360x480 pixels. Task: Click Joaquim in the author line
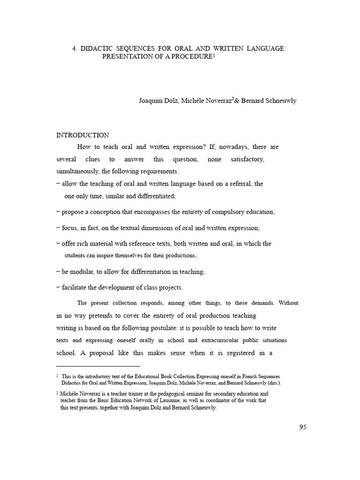pyautogui.click(x=150, y=101)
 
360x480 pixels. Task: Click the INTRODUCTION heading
pyautogui.click(x=82, y=135)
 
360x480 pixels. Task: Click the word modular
pyautogui.click(x=83, y=271)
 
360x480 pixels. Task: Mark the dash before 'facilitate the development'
pyautogui.click(x=58, y=287)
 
